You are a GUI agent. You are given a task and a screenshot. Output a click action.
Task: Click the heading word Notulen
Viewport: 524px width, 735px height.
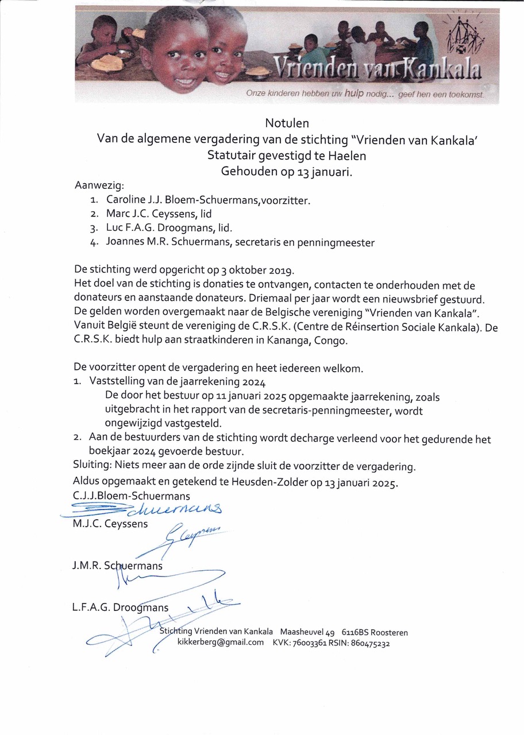[x=287, y=123]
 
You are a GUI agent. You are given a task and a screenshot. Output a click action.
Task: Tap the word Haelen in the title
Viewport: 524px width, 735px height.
[x=345, y=154]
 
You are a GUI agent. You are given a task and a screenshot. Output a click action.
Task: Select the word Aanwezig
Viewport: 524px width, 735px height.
[x=98, y=185]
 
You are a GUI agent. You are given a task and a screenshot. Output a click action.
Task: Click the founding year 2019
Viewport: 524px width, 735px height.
[x=282, y=270]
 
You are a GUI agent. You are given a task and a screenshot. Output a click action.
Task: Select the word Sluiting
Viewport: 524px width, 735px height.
[x=92, y=464]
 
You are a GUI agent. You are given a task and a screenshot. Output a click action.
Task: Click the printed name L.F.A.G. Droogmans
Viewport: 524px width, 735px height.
[x=120, y=608]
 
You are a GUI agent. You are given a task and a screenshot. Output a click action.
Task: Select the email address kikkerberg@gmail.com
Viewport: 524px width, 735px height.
[x=220, y=643]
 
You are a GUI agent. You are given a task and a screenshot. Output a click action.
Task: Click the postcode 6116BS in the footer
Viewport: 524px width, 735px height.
[x=356, y=632]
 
